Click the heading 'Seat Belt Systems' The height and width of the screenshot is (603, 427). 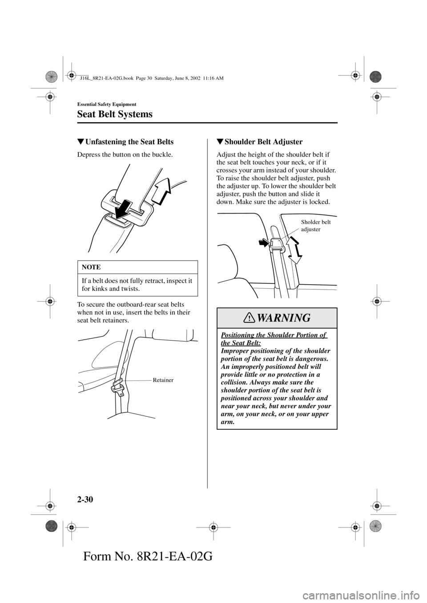pos(115,114)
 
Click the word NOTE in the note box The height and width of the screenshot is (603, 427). pos(91,267)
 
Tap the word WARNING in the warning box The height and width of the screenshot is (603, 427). pos(284,318)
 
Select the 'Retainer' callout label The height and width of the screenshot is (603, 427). pos(163,380)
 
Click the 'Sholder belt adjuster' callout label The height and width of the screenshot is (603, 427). pos(316,226)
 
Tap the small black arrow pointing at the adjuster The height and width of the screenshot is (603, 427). pos(263,242)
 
